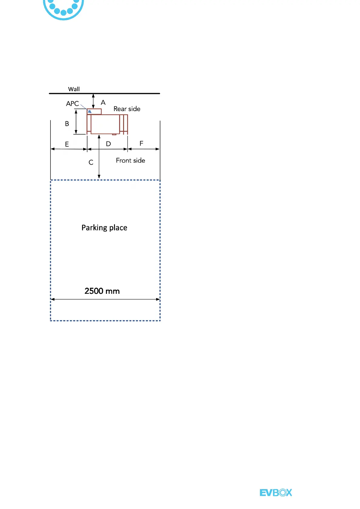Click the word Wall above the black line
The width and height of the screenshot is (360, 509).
pos(74,89)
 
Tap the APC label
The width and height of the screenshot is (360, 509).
pos(72,104)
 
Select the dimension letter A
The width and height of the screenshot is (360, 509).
pos(103,102)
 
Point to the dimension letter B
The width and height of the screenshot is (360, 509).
pos(67,124)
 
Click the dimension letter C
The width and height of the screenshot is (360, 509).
pos(91,163)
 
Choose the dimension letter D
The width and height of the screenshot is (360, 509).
pos(108,144)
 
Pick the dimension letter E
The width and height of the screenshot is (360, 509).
pos(67,144)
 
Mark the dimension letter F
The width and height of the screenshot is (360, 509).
pos(141,144)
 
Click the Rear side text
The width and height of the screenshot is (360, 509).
pos(127,109)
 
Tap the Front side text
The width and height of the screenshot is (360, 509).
pos(130,160)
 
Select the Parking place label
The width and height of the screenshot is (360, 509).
pos(104,228)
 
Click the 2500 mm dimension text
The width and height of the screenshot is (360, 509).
pos(102,291)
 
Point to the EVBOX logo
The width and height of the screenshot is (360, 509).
pos(276,493)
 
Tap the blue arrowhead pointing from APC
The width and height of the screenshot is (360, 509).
pos(89,111)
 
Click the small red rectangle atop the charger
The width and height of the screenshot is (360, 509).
pos(94,112)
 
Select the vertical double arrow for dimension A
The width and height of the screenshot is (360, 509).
pos(93,101)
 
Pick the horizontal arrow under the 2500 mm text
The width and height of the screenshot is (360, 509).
pos(105,299)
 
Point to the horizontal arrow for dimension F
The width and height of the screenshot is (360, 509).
pos(144,149)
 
